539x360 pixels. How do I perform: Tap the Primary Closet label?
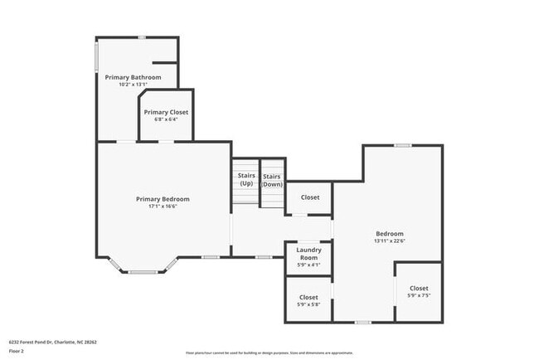point(166,112)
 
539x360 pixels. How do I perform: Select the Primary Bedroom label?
point(163,199)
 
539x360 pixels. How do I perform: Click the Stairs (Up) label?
point(246,179)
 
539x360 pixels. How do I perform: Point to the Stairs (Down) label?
point(272,179)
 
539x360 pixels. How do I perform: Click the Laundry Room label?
point(308,254)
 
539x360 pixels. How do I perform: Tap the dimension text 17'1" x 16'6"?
point(163,207)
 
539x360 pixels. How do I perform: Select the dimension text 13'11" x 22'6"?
point(389,241)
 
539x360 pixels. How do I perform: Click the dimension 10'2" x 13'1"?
point(133,85)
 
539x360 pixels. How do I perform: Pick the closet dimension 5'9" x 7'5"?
point(419,295)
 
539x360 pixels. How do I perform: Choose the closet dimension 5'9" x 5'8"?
point(308,304)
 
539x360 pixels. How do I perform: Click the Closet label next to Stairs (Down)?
point(310,197)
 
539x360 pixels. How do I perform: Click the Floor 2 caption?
point(17,350)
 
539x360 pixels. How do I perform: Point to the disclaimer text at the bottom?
point(269,352)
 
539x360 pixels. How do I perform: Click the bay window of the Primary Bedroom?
point(143,271)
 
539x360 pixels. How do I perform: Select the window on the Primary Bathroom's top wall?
point(142,36)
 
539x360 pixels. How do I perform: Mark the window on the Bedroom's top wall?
point(402,145)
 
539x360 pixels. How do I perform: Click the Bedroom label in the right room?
point(389,234)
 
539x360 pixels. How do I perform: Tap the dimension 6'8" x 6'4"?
point(166,119)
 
